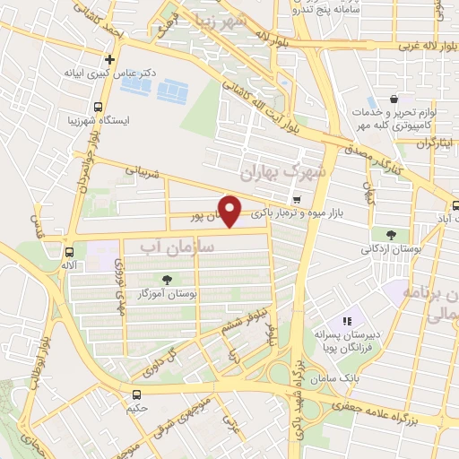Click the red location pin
(230, 211)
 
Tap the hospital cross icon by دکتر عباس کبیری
(109, 61)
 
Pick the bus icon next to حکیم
(136, 394)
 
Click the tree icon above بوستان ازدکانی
(377, 234)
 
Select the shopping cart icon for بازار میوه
(297, 198)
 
